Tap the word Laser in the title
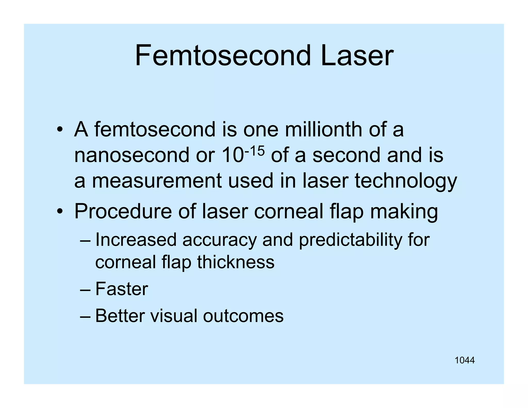point(357,56)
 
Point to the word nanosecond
point(131,155)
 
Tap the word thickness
point(236,262)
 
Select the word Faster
point(122,289)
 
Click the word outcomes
point(243,316)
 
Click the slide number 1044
point(465,360)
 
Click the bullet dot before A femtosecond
point(60,129)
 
